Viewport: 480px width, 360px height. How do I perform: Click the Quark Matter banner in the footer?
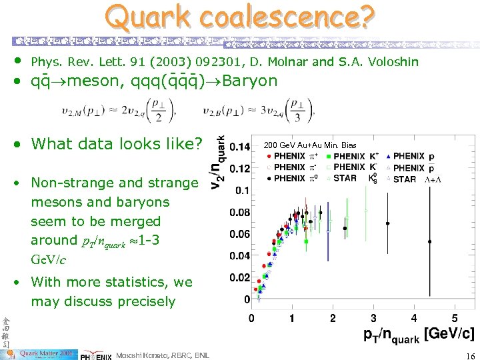click(x=43, y=353)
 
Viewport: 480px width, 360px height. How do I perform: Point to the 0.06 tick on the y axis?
click(x=239, y=234)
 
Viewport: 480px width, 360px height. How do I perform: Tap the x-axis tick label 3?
click(x=373, y=319)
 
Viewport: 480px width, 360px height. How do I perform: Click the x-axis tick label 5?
click(x=455, y=319)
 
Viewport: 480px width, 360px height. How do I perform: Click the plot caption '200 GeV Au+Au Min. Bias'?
click(x=310, y=145)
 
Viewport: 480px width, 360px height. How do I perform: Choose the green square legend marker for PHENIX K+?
click(x=328, y=157)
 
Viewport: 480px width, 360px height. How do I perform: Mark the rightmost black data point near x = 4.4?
click(x=430, y=241)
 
